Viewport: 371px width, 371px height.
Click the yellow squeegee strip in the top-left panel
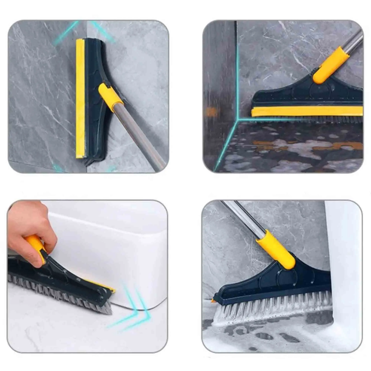click(80, 99)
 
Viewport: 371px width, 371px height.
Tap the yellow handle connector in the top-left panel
click(110, 96)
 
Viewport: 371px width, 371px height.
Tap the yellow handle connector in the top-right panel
click(331, 65)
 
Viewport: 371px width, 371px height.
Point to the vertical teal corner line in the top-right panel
click(237, 70)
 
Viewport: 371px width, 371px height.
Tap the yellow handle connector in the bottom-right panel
click(275, 249)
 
